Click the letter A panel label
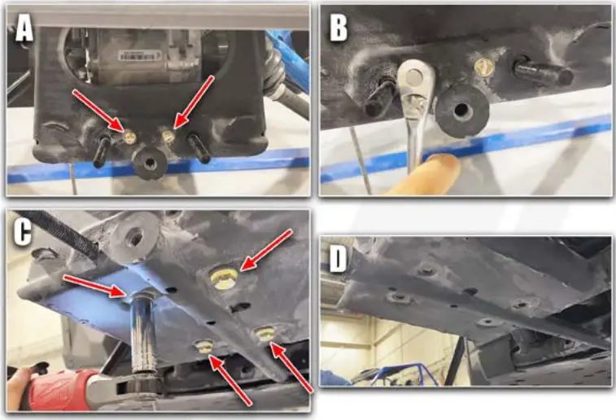coord(24,29)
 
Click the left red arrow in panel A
coord(98,111)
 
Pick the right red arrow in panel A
coord(194,102)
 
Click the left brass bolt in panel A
coord(129,137)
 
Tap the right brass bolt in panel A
coord(168,136)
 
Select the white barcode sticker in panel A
coord(138,55)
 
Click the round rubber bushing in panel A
coord(150,162)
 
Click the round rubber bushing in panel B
coord(461,109)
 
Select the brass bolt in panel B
coord(484,68)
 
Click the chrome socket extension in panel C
coord(144,330)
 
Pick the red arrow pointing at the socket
coord(94,286)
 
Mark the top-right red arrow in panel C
coord(266,250)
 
